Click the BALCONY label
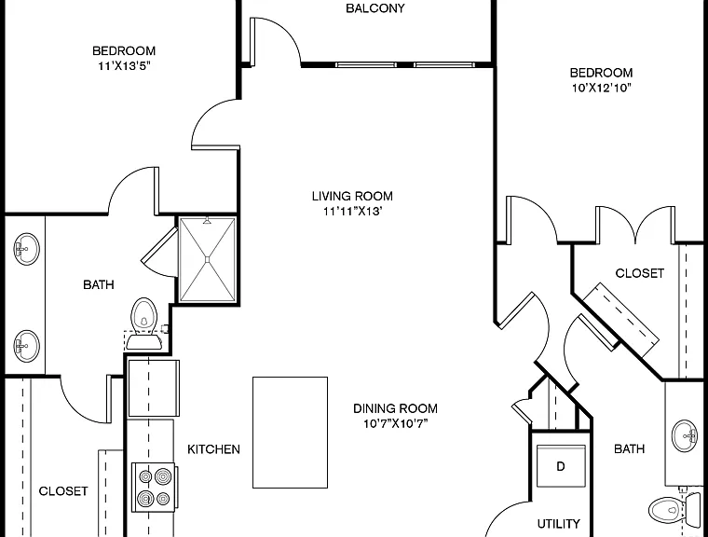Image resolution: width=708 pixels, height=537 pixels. tap(374, 8)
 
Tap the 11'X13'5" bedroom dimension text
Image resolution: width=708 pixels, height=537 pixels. tap(124, 66)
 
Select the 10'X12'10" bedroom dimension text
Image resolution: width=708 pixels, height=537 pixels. tap(601, 88)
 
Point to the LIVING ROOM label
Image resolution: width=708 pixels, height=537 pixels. tap(352, 196)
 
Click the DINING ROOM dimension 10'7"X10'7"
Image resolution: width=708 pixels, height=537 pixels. tap(396, 423)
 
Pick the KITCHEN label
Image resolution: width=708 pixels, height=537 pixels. tap(213, 449)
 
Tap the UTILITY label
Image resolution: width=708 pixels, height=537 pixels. tap(559, 524)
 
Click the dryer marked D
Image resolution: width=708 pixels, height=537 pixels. tap(561, 466)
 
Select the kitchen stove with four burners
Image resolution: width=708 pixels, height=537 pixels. tap(154, 488)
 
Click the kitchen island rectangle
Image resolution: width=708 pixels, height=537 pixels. tap(290, 433)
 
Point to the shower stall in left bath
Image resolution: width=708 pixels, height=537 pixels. tap(207, 259)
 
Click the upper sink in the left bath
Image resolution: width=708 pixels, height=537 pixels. tap(26, 249)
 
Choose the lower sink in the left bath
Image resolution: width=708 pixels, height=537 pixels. tap(26, 346)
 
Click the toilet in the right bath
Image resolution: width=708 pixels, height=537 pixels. tap(673, 510)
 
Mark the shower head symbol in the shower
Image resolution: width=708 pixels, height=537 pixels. tap(207, 221)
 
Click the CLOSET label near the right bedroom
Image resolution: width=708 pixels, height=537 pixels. tap(639, 273)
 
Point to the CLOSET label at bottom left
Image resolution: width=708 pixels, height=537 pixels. tap(63, 491)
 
